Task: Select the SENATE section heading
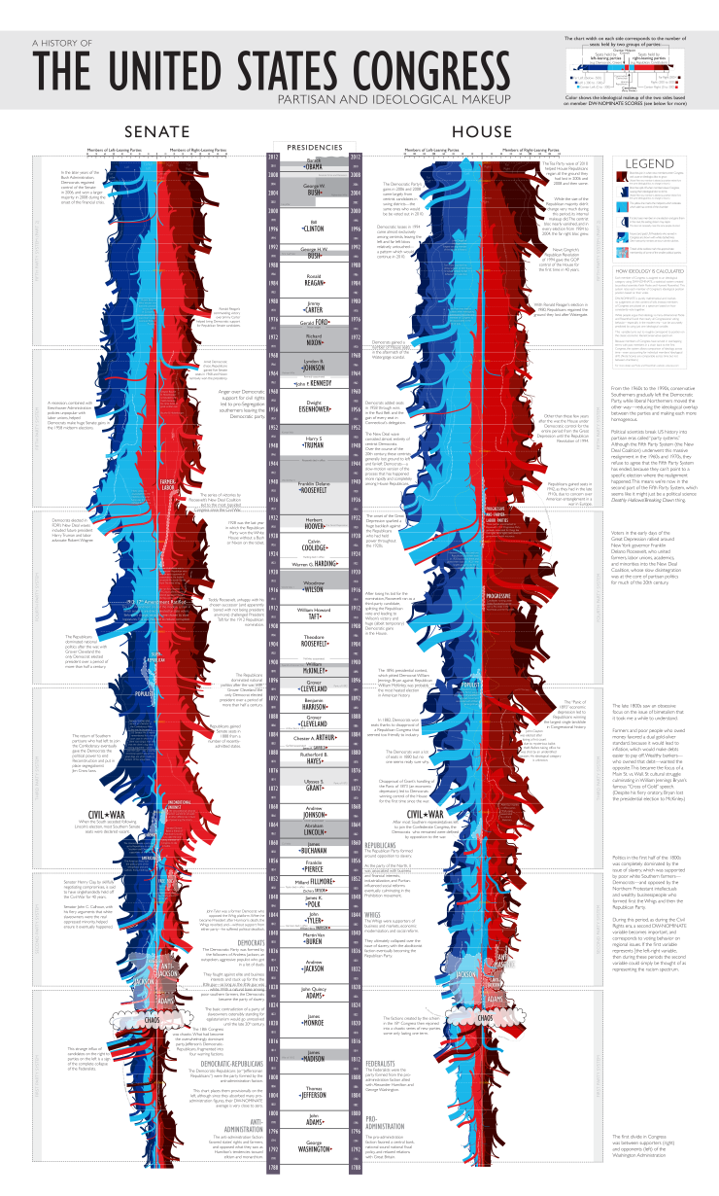click(149, 132)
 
